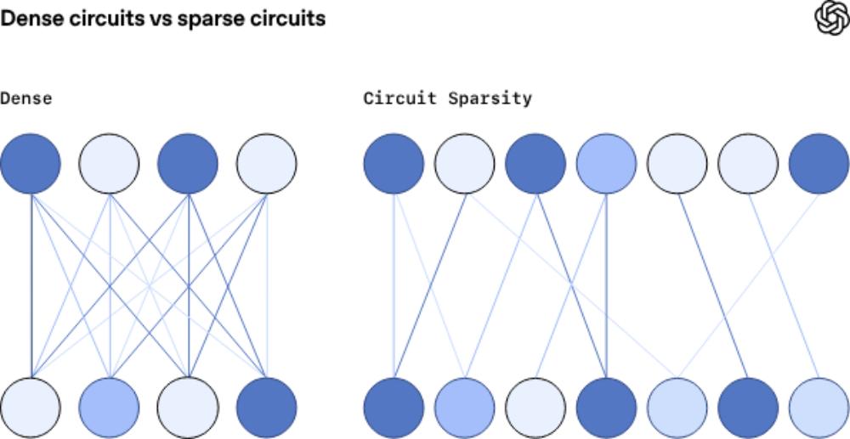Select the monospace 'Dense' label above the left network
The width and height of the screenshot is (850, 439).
click(x=25, y=98)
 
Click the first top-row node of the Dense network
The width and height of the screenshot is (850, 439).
click(x=31, y=162)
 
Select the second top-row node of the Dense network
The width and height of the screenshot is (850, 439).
click(x=110, y=162)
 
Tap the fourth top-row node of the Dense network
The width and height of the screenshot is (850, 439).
click(x=267, y=162)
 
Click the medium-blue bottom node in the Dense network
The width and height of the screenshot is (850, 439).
click(x=110, y=408)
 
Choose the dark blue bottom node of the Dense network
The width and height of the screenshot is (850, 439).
click(x=267, y=408)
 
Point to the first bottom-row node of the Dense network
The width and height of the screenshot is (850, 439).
click(x=31, y=408)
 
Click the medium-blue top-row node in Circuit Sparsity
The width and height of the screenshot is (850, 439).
click(x=606, y=162)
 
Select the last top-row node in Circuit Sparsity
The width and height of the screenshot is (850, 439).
click(x=819, y=162)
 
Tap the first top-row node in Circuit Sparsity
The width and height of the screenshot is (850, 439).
click(x=394, y=162)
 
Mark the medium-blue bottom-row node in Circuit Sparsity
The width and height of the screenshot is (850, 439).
click(x=464, y=408)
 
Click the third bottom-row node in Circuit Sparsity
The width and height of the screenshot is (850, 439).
click(x=535, y=408)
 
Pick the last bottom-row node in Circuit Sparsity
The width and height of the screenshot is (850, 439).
click(x=819, y=408)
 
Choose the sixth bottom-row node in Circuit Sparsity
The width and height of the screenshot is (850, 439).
click(x=748, y=408)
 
